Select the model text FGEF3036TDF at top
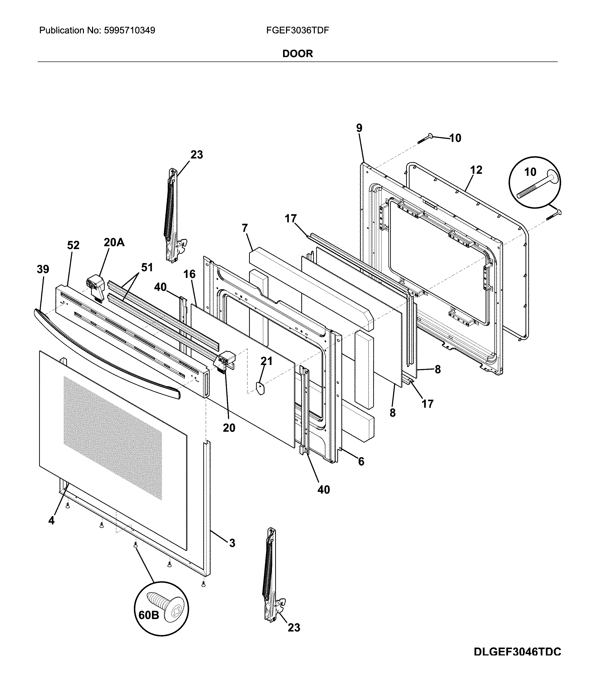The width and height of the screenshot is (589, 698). [x=298, y=31]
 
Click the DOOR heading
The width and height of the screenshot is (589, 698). [x=298, y=54]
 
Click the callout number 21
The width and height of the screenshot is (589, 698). [x=267, y=361]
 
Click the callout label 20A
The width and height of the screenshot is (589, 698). [x=114, y=243]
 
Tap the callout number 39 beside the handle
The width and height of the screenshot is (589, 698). [x=43, y=269]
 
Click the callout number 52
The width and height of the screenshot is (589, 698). [x=73, y=245]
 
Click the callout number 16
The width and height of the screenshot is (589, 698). [x=189, y=274]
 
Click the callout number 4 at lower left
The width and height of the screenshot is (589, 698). [x=51, y=520]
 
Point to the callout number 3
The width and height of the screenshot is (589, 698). [x=232, y=543]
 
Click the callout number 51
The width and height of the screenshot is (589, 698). [x=147, y=267]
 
